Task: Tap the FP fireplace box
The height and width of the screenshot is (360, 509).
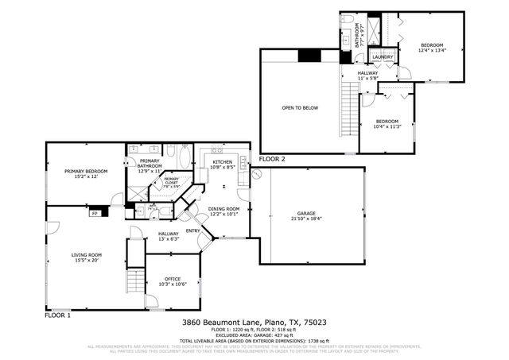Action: [95, 213]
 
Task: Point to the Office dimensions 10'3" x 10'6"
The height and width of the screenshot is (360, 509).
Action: [173, 284]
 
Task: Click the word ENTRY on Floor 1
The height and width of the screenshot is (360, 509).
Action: [193, 231]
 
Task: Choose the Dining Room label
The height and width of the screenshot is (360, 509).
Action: [223, 211]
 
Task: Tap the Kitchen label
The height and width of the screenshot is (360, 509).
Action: [221, 165]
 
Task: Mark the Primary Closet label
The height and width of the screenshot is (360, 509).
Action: [172, 182]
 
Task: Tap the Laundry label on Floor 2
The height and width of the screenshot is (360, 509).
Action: [383, 57]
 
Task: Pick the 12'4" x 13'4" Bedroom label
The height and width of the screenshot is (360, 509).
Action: [432, 47]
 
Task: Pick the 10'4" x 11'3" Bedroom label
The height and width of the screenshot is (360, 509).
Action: [387, 123]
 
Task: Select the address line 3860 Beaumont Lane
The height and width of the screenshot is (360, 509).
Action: [254, 322]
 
